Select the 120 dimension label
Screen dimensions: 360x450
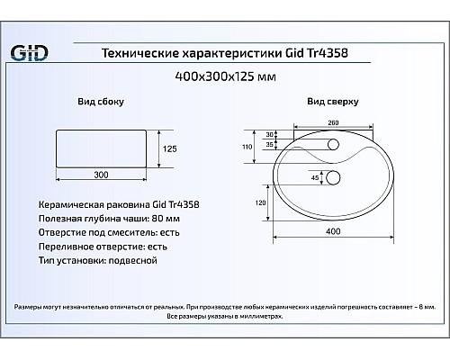click(260, 204)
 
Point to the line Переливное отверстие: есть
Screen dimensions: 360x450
click(104, 246)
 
